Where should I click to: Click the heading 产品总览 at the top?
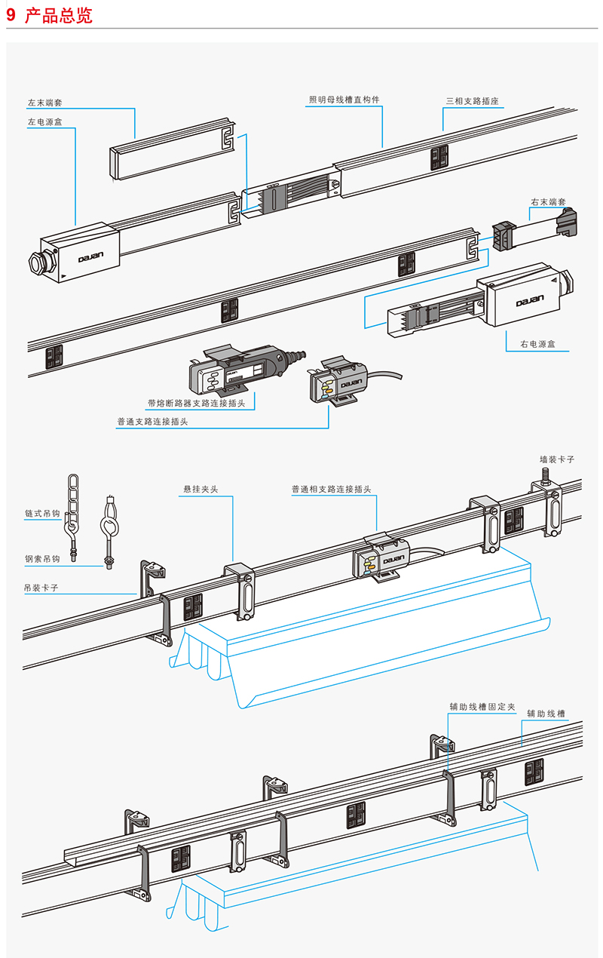(x=59, y=15)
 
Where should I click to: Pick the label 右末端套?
(x=548, y=202)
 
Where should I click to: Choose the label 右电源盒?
(x=537, y=344)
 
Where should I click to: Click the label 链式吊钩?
(x=42, y=514)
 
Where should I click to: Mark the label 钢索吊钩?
(x=42, y=560)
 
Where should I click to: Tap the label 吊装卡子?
(x=42, y=586)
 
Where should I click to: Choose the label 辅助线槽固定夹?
(x=482, y=707)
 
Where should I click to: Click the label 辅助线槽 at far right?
(x=546, y=713)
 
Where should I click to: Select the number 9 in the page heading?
(x=11, y=15)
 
